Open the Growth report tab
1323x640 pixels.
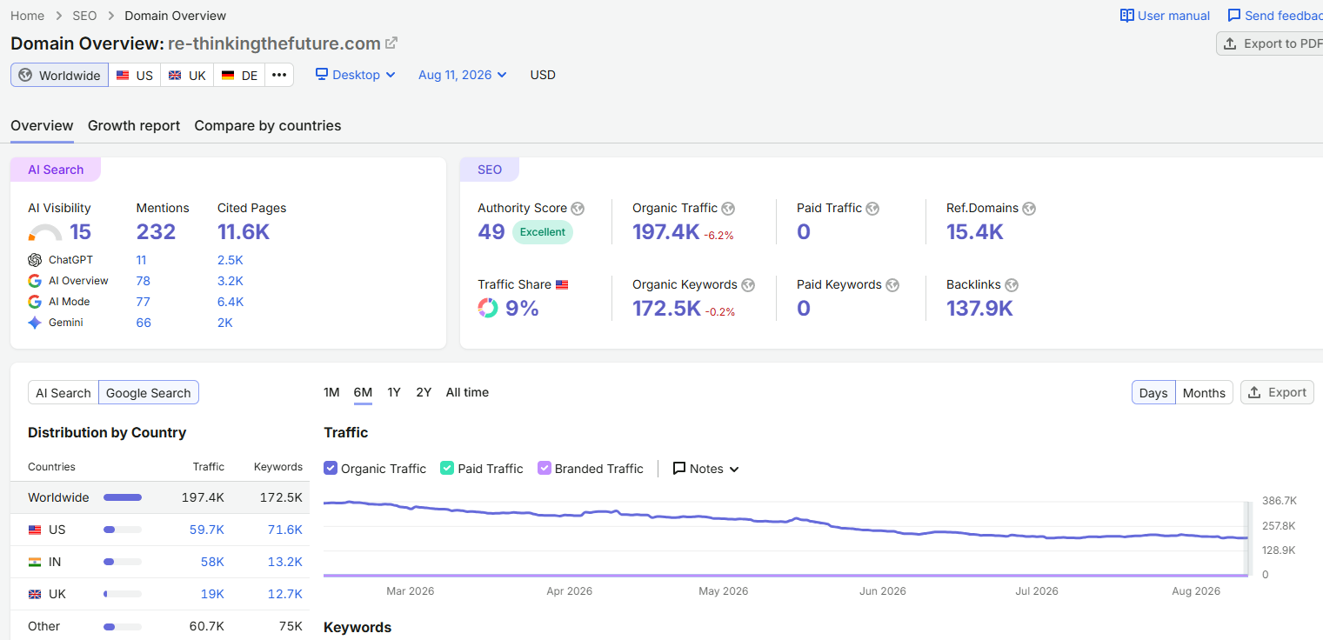tap(133, 126)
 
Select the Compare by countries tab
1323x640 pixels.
tap(268, 126)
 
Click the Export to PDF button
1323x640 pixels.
tap(1270, 43)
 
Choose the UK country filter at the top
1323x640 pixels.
tap(187, 76)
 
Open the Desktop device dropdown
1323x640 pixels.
tap(356, 75)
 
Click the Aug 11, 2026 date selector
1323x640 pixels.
tap(463, 75)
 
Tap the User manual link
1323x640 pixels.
tap(1165, 16)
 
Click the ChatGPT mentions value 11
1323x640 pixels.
tap(141, 260)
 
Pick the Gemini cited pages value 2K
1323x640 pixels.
tap(225, 323)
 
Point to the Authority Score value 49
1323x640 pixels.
tap(491, 232)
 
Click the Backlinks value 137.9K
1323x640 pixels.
tap(979, 308)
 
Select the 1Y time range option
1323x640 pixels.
tap(394, 393)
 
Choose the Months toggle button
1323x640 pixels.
tap(1204, 393)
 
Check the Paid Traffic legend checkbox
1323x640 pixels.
tap(447, 468)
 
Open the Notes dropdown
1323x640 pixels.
tap(705, 469)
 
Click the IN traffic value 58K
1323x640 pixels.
tap(212, 562)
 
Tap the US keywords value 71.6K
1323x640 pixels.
tap(284, 530)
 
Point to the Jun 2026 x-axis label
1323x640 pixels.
tap(882, 591)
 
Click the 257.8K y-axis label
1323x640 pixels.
tap(1279, 525)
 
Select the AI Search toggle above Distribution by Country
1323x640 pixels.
tap(63, 393)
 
